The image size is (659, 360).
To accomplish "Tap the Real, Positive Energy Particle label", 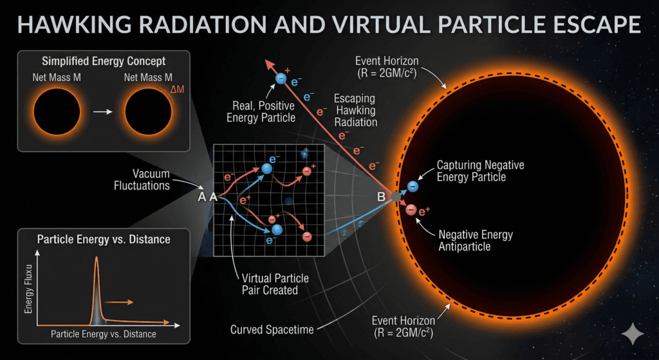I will pyautogui.click(x=265, y=110).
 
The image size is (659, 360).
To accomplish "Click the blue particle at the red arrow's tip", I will pyautogui.click(x=281, y=78).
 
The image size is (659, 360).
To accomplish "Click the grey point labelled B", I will pyautogui.click(x=395, y=196).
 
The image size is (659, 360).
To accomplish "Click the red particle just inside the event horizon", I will pyautogui.click(x=411, y=209).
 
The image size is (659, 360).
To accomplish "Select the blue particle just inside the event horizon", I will pyautogui.click(x=413, y=186).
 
